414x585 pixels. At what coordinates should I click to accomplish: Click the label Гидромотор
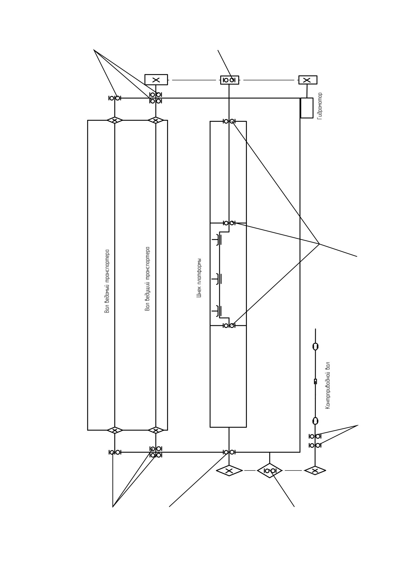(x=320, y=106)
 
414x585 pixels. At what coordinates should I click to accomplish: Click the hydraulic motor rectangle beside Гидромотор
(x=307, y=108)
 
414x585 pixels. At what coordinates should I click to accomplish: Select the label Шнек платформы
(x=199, y=278)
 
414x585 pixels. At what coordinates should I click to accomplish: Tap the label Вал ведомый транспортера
(x=107, y=281)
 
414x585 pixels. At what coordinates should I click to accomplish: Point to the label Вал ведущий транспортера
(x=147, y=279)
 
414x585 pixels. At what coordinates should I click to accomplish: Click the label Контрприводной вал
(x=328, y=385)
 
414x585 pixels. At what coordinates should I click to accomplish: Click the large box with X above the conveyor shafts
(x=156, y=80)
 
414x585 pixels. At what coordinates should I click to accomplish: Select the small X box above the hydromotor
(x=308, y=80)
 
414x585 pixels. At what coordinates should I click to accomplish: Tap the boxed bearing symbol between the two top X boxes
(x=230, y=80)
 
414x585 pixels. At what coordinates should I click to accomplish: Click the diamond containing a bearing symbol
(x=270, y=470)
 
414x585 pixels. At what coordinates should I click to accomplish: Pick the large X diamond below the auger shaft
(x=229, y=471)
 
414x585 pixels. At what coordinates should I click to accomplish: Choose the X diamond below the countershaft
(x=315, y=471)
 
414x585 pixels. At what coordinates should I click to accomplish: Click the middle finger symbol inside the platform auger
(x=217, y=279)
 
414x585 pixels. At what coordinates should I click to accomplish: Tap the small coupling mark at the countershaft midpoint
(x=315, y=381)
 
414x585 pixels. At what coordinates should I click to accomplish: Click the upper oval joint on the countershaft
(x=315, y=347)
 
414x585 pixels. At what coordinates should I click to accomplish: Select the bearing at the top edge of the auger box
(x=229, y=121)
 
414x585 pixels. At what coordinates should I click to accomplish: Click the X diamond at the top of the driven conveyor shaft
(x=115, y=120)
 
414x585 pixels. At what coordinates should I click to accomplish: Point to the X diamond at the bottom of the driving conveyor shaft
(x=156, y=430)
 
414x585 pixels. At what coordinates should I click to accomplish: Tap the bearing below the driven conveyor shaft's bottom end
(x=115, y=452)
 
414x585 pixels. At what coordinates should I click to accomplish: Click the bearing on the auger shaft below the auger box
(x=229, y=452)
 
